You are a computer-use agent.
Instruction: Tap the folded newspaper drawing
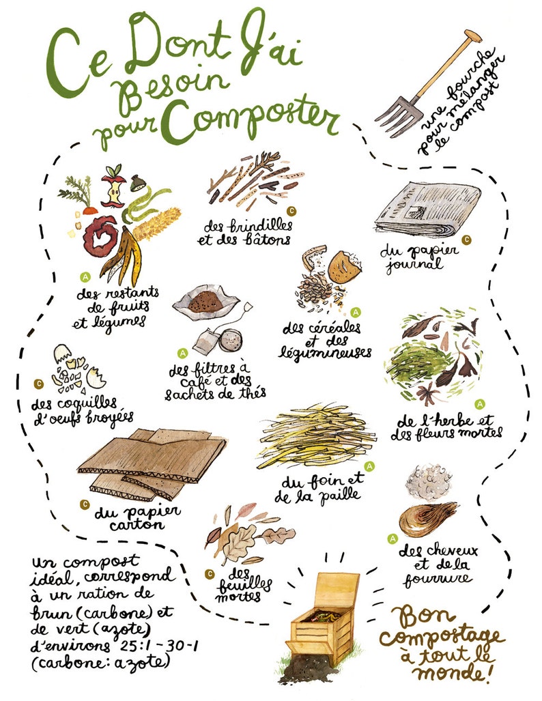click(x=427, y=209)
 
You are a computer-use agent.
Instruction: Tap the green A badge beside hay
click(x=370, y=466)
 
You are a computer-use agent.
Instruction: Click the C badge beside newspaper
click(x=467, y=240)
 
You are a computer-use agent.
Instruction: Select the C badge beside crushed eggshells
click(x=38, y=384)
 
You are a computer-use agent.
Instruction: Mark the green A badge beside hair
click(x=392, y=539)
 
